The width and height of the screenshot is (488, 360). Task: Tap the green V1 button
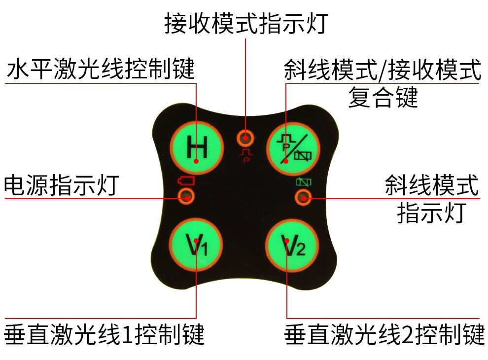[196, 244]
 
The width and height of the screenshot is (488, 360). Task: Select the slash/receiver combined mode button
[293, 147]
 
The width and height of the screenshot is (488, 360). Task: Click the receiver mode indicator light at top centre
[245, 137]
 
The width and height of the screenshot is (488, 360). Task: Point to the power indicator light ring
[186, 198]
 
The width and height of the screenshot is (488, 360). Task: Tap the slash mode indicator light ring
[303, 198]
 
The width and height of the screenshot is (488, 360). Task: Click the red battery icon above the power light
[186, 181]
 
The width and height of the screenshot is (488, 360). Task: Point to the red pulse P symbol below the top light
[245, 156]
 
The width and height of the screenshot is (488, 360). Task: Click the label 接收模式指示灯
[245, 24]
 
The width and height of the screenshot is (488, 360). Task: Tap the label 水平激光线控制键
[101, 70]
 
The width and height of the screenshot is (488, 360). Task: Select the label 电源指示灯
[61, 185]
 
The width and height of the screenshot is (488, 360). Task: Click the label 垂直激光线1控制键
[104, 335]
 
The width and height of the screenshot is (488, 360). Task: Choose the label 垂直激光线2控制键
[384, 335]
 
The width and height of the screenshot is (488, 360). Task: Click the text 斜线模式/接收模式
[383, 70]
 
